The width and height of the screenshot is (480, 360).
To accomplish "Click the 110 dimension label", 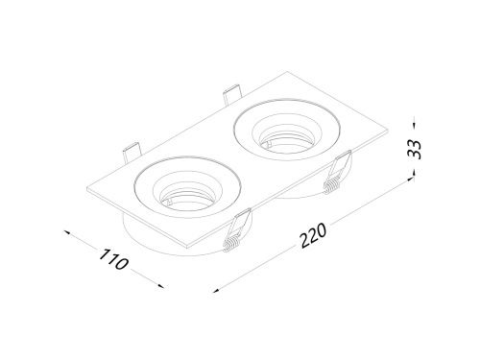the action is (113, 259).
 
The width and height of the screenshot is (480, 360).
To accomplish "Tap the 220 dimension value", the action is (314, 235).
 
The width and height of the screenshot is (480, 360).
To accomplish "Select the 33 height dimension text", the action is (415, 149).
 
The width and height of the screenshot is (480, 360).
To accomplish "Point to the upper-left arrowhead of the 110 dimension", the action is (67, 232).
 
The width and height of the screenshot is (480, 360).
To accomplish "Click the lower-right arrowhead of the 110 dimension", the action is (160, 286).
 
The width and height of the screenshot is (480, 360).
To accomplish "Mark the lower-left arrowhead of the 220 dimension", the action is (216, 291).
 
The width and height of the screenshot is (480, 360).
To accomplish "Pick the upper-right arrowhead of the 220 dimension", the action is (410, 180).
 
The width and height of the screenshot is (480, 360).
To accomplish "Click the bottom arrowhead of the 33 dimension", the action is (415, 173).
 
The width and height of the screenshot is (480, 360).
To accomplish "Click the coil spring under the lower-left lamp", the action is (230, 245).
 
